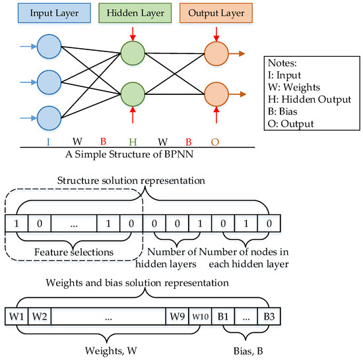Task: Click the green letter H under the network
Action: click(133, 141)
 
